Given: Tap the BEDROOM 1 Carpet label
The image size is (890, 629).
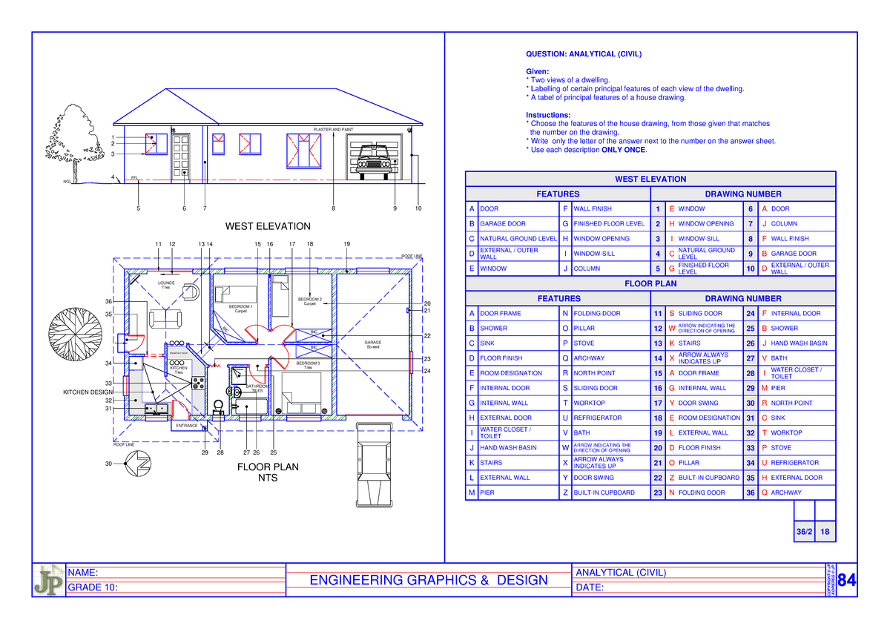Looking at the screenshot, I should click(240, 309).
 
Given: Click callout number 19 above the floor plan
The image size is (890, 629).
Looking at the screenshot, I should click(346, 244).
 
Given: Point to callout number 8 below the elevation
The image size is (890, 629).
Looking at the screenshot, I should click(333, 208).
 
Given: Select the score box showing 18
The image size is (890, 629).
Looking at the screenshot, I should click(825, 532).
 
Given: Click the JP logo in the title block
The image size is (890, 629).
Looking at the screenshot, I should click(47, 580).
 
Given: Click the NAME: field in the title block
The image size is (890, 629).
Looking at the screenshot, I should click(83, 572).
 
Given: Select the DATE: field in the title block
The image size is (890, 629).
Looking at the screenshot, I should click(590, 588).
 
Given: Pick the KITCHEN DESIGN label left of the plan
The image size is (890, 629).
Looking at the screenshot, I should click(87, 392).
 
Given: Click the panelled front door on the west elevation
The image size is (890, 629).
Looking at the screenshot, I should click(180, 157).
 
